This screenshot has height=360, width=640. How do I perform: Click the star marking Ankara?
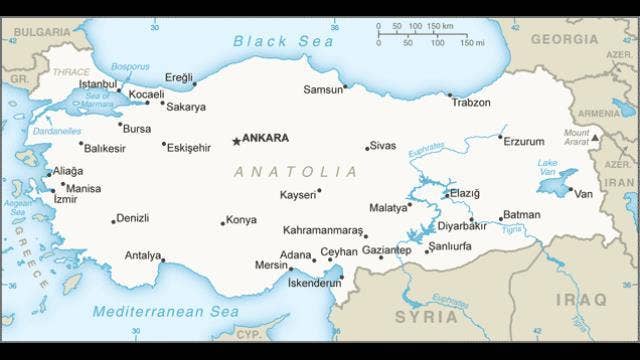pyautogui.click(x=236, y=141)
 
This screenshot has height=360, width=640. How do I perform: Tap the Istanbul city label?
pyautogui.click(x=98, y=84)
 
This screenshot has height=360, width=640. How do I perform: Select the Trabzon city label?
pyautogui.click(x=471, y=103)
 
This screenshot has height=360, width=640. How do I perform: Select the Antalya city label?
pyautogui.click(x=142, y=256)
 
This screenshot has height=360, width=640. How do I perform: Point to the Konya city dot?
pyautogui.click(x=223, y=223)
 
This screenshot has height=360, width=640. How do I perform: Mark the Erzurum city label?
pyautogui.click(x=524, y=141)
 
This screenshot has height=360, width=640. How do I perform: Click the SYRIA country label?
pyautogui.click(x=427, y=316)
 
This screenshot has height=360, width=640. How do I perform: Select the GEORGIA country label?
pyautogui.click(x=564, y=39)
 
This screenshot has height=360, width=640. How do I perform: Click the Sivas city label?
pyautogui.click(x=383, y=146)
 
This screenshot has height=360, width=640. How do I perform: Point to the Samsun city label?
pyautogui.click(x=323, y=90)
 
